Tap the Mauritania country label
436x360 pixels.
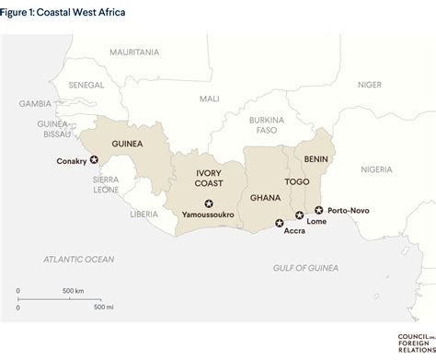(134, 52)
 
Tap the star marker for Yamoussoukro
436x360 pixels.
(210, 203)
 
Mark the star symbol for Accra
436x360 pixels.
(281, 222)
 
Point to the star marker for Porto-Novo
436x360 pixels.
(319, 210)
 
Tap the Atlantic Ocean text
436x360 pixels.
(79, 260)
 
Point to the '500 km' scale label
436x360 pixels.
(75, 291)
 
